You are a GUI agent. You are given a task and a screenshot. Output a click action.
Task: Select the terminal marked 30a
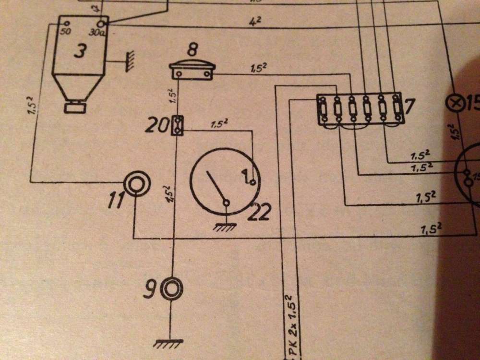(101, 23)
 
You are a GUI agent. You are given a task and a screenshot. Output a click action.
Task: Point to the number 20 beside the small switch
(157, 127)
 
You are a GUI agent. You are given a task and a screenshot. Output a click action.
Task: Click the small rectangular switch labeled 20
(178, 126)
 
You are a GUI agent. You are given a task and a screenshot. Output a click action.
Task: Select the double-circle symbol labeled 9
(171, 288)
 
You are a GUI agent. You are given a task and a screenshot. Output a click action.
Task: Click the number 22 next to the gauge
(259, 212)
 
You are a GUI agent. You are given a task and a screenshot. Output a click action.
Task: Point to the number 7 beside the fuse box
(408, 106)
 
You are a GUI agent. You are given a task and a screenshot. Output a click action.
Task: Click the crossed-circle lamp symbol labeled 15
(454, 102)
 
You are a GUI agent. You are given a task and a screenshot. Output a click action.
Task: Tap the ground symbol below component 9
(168, 342)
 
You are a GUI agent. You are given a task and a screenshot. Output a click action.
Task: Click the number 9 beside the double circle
(149, 289)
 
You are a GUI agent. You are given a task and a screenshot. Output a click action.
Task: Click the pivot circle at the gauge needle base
(226, 203)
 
